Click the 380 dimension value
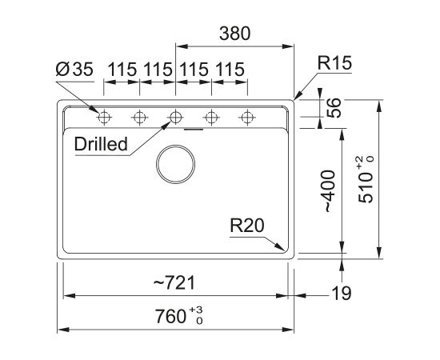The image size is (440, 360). pyautogui.click(x=234, y=34)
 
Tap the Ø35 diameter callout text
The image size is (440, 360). pyautogui.click(x=74, y=70)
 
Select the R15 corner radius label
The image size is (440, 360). pyautogui.click(x=334, y=63)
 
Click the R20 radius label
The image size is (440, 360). pyautogui.click(x=247, y=226)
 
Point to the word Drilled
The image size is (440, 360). pyautogui.click(x=101, y=144)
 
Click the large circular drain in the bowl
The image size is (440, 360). pyautogui.click(x=175, y=164)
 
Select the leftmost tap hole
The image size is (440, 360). pyautogui.click(x=104, y=118)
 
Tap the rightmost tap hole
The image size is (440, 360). pyautogui.click(x=247, y=118)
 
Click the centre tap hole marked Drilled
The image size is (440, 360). pyautogui.click(x=175, y=118)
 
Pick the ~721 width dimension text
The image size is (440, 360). pyautogui.click(x=174, y=282)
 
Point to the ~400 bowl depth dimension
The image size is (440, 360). pyautogui.click(x=328, y=191)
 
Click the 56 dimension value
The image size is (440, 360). pyautogui.click(x=334, y=108)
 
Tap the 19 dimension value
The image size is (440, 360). pyautogui.click(x=342, y=294)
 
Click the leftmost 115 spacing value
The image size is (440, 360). pyautogui.click(x=122, y=70)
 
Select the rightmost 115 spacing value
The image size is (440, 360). pyautogui.click(x=230, y=70)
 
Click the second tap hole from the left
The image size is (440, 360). pyautogui.click(x=139, y=118)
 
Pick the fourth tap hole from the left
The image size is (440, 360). pyautogui.click(x=211, y=118)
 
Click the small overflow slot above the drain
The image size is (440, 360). pyautogui.click(x=194, y=130)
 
